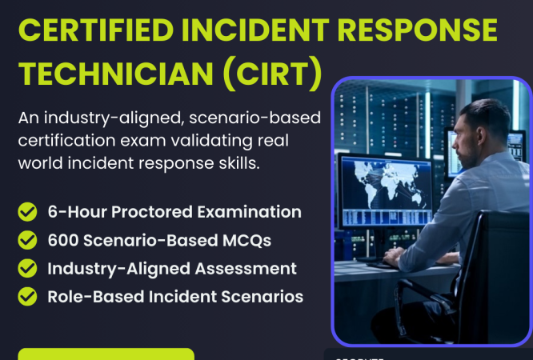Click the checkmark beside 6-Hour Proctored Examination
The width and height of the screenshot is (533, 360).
[x=28, y=212]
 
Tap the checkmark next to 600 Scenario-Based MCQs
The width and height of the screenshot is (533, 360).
[x=28, y=240]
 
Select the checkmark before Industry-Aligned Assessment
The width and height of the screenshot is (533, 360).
[x=28, y=268]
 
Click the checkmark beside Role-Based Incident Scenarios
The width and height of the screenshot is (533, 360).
[x=28, y=296]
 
